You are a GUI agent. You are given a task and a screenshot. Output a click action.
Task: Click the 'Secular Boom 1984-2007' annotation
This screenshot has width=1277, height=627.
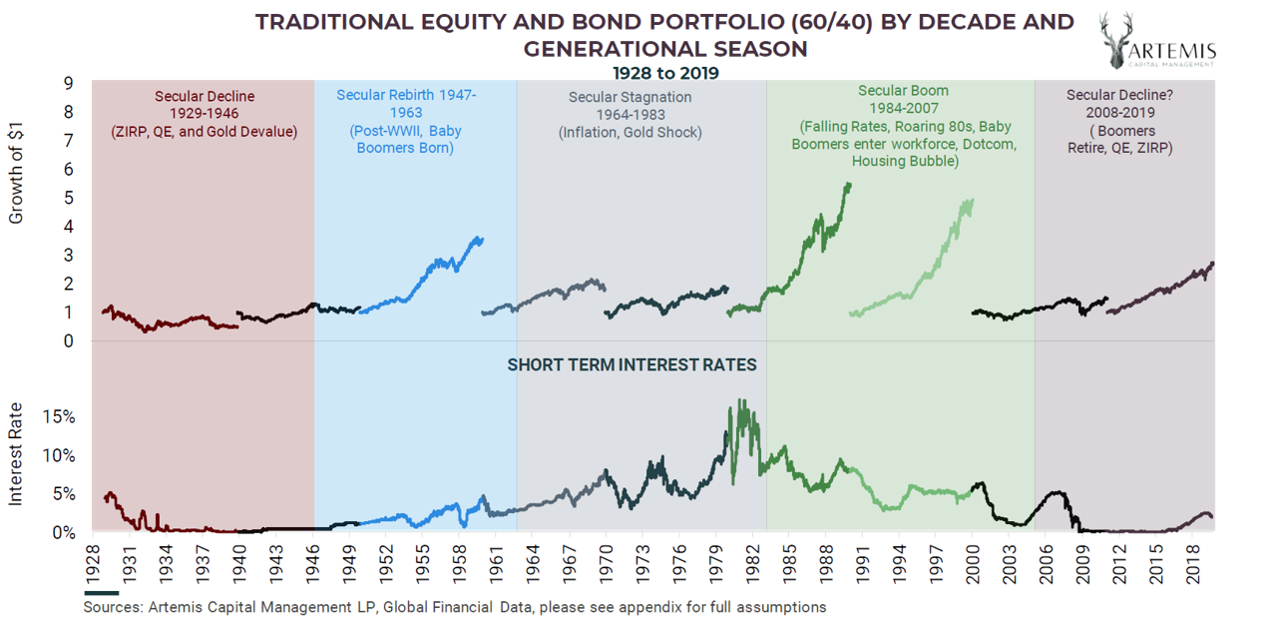(x=903, y=125)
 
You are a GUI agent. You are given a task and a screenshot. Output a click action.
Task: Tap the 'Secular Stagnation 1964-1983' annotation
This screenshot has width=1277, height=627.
(x=630, y=114)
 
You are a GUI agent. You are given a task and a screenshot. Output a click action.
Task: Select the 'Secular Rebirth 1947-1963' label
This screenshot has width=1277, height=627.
(x=406, y=121)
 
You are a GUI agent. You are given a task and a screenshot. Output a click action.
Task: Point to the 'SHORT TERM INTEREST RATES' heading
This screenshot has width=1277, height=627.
(x=632, y=364)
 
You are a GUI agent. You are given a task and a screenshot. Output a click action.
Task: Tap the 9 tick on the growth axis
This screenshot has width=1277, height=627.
(x=69, y=84)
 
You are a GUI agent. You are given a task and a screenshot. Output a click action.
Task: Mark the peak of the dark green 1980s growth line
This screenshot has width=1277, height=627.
(x=848, y=185)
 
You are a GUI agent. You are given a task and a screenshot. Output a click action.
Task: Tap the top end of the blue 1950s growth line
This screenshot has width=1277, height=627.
(x=481, y=238)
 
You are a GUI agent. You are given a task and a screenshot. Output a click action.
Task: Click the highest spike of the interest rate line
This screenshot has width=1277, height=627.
(x=739, y=401)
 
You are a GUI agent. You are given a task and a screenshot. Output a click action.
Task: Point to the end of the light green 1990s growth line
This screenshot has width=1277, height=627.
(x=971, y=200)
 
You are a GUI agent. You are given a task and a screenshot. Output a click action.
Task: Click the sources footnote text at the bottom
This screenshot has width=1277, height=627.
(x=454, y=607)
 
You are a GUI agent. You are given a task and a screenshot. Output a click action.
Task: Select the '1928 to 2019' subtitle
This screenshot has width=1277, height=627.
(x=665, y=73)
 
